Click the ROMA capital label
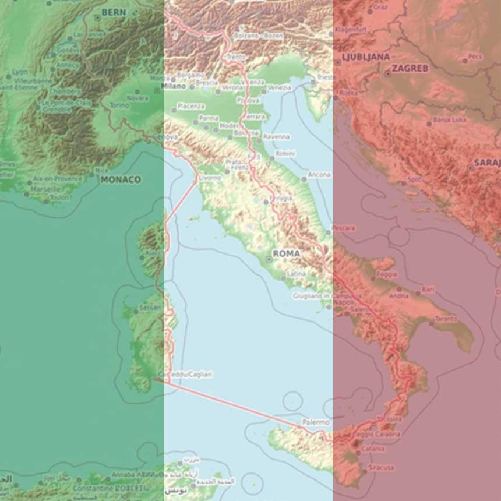[x=286, y=254]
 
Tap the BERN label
[x=113, y=12]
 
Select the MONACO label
[x=121, y=179]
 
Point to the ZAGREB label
[x=410, y=68]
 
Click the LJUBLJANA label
[x=366, y=57]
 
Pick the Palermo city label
[x=316, y=422]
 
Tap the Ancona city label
[x=320, y=174]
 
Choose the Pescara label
[x=344, y=228]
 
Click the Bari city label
[x=429, y=289]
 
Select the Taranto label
[x=446, y=319]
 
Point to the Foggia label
[x=387, y=274]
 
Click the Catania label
[x=373, y=449]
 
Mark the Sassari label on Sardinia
[x=150, y=308]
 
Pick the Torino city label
[x=120, y=105]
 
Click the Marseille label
[x=46, y=189]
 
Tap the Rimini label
[x=285, y=153]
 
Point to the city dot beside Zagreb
[x=388, y=74]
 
